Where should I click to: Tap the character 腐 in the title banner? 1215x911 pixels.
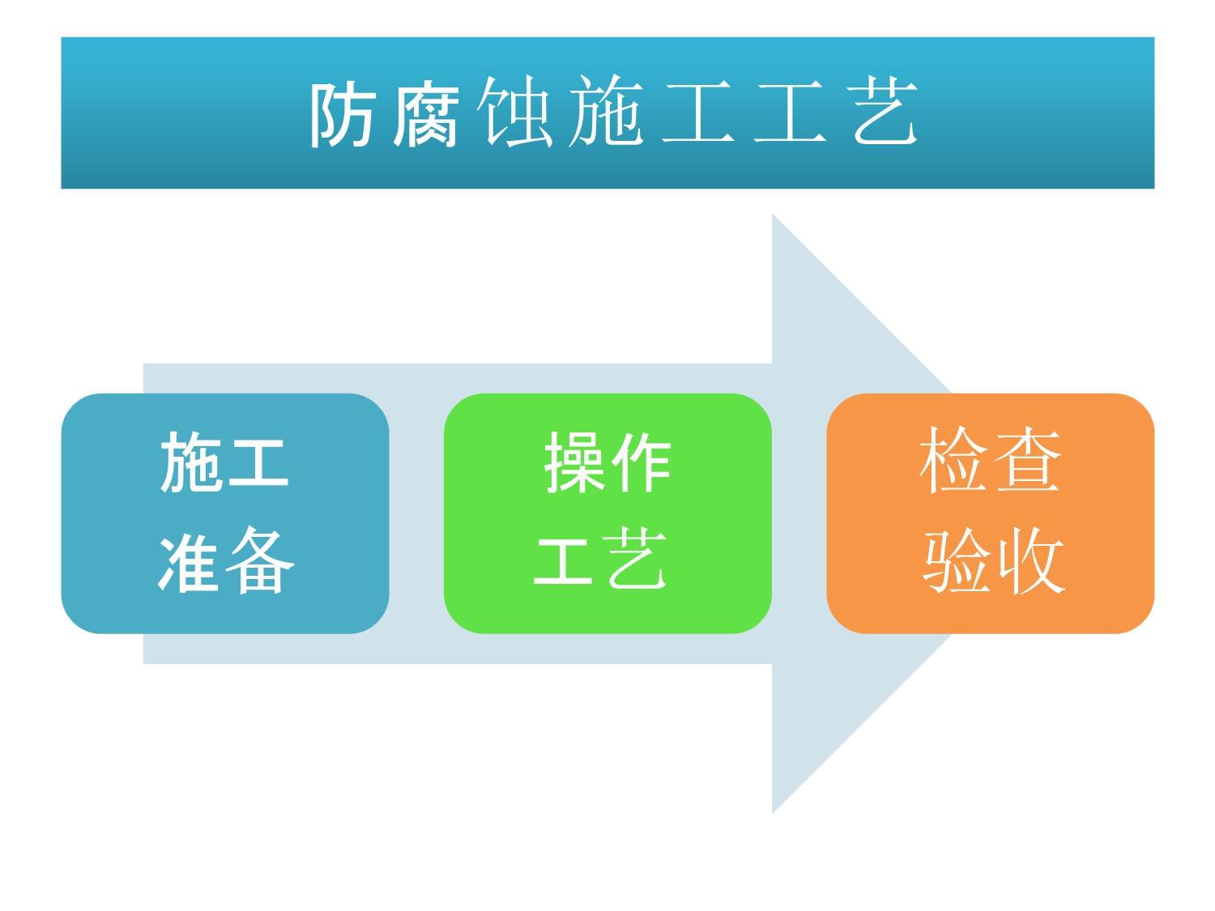click(x=427, y=114)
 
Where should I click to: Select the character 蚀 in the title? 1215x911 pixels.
click(x=516, y=114)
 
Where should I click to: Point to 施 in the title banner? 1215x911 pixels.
click(x=606, y=114)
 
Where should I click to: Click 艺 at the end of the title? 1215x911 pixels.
click(x=885, y=114)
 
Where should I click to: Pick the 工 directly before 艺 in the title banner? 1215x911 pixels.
click(x=791, y=114)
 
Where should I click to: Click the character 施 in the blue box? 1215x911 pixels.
click(x=190, y=462)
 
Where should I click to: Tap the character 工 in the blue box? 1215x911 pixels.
click(x=258, y=462)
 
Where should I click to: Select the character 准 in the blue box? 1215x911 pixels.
click(x=190, y=561)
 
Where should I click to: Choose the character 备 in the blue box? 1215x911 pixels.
click(x=259, y=561)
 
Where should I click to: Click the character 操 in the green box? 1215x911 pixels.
click(x=573, y=462)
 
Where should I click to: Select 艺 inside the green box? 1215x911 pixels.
click(x=637, y=560)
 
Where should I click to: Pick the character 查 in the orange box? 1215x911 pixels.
click(x=1025, y=462)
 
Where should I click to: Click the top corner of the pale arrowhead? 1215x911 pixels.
click(x=774, y=217)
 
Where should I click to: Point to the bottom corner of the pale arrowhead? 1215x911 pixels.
click(x=774, y=811)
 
